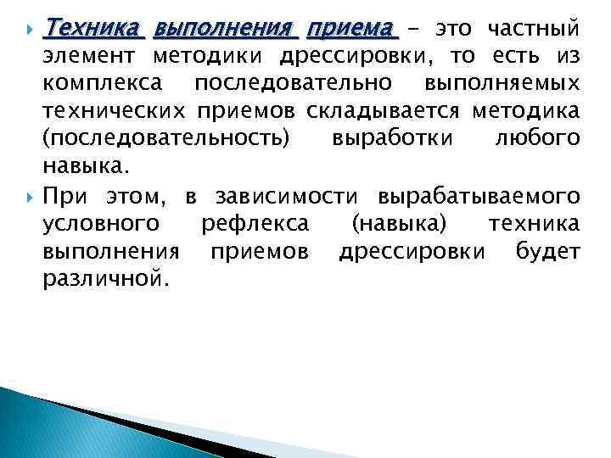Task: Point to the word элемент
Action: coord(90,58)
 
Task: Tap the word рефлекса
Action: coord(255,224)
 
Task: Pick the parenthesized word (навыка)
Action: coord(399,224)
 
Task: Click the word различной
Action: coord(105,279)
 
